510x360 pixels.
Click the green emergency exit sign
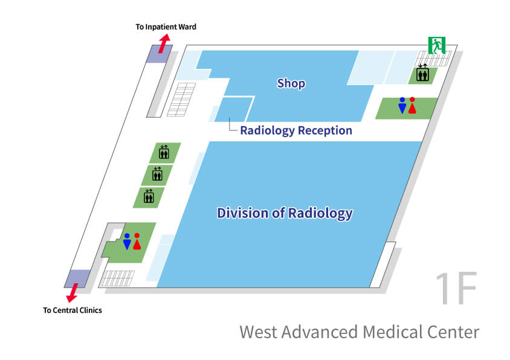pos(436,45)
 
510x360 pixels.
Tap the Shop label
pos(291,83)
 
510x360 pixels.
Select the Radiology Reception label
pos(296,130)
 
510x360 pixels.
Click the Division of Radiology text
pos(285,213)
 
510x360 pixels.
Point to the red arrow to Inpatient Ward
pos(164,43)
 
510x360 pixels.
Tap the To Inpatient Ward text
pos(166,27)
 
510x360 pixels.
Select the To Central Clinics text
pos(73,310)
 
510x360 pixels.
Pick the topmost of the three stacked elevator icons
pos(164,152)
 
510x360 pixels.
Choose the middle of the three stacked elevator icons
pos(157,174)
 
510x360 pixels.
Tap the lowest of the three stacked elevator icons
pos(149,196)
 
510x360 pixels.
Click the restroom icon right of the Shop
pos(407,105)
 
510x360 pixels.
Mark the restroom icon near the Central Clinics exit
pos(132,241)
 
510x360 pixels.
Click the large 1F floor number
pos(456,289)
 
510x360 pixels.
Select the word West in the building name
pos(259,332)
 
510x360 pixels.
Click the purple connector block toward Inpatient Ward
pos(161,54)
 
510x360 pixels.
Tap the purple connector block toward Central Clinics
pos(77,278)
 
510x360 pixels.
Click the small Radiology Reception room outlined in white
pos(233,109)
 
